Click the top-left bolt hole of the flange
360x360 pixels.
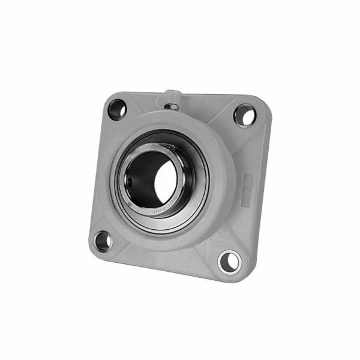[116, 109]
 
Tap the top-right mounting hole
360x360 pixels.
[244, 115]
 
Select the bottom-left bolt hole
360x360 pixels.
[103, 240]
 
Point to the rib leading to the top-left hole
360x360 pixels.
[130, 119]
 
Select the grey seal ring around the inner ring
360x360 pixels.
[201, 180]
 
